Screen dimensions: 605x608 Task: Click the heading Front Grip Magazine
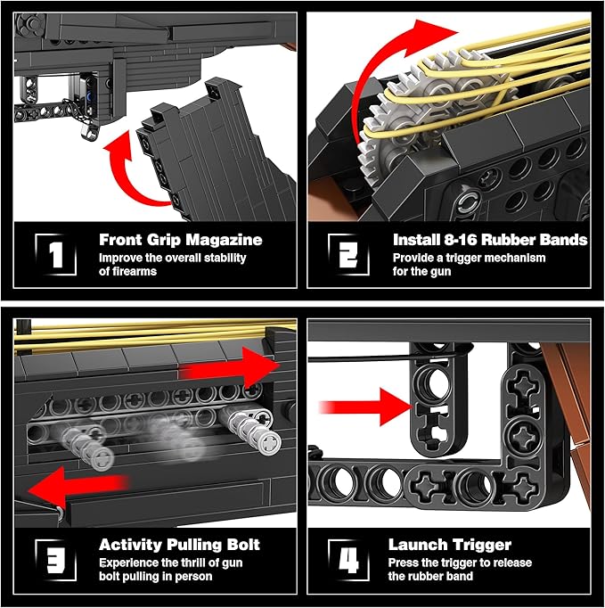181,240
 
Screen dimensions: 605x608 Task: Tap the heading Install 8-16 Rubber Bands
490,240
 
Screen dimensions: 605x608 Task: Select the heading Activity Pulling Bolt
179,545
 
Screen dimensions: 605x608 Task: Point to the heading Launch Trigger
450,545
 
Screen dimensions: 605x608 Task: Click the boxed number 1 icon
56,255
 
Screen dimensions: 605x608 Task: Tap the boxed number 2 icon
348,255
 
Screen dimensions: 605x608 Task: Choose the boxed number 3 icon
56,560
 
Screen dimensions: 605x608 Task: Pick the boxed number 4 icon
348,560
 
